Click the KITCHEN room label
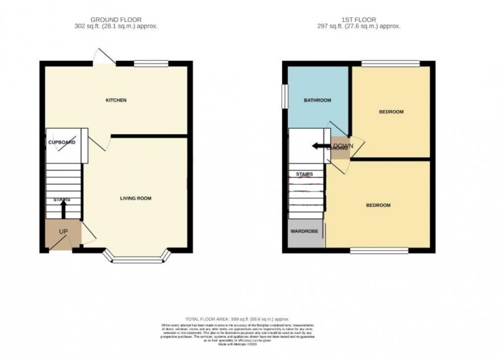pos(116,100)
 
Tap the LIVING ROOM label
pos(136,198)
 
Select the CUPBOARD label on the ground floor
pos(62,142)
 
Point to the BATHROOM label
pos(317,100)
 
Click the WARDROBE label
pos(305,232)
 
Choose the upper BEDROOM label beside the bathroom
pos(391,111)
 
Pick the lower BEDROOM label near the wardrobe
pos(378,205)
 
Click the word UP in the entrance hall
pos(63,232)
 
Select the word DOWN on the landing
pos(343,146)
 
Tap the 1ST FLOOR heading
pos(359,20)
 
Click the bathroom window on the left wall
pos(283,96)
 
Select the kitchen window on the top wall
pos(151,64)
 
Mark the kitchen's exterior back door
pos(105,56)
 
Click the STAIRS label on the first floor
pos(304,174)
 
